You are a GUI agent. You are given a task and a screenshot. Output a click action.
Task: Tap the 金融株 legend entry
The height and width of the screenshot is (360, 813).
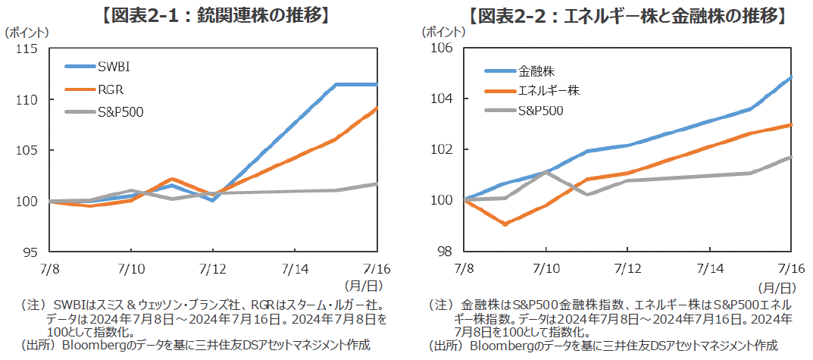tap(536, 71)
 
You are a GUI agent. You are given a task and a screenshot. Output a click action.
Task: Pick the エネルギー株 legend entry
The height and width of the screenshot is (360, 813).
tap(548, 91)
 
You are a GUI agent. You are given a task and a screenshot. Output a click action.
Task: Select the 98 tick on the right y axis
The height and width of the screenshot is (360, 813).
tap(446, 252)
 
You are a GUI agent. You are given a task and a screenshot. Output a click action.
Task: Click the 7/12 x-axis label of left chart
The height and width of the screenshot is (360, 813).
tap(213, 268)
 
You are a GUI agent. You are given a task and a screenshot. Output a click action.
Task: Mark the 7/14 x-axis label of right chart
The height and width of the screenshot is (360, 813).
tap(710, 268)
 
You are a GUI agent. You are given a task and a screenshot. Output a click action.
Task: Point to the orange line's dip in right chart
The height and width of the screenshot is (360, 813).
tap(504, 224)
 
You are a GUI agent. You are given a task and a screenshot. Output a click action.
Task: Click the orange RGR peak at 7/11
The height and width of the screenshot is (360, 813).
tap(172, 179)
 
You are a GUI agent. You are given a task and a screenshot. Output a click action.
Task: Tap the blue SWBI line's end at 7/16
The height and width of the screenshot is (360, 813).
tap(377, 84)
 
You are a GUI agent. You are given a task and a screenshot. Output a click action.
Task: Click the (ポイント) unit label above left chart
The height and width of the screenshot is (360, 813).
tap(28, 33)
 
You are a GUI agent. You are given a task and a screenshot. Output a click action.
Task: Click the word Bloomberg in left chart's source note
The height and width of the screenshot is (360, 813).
tap(93, 345)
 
